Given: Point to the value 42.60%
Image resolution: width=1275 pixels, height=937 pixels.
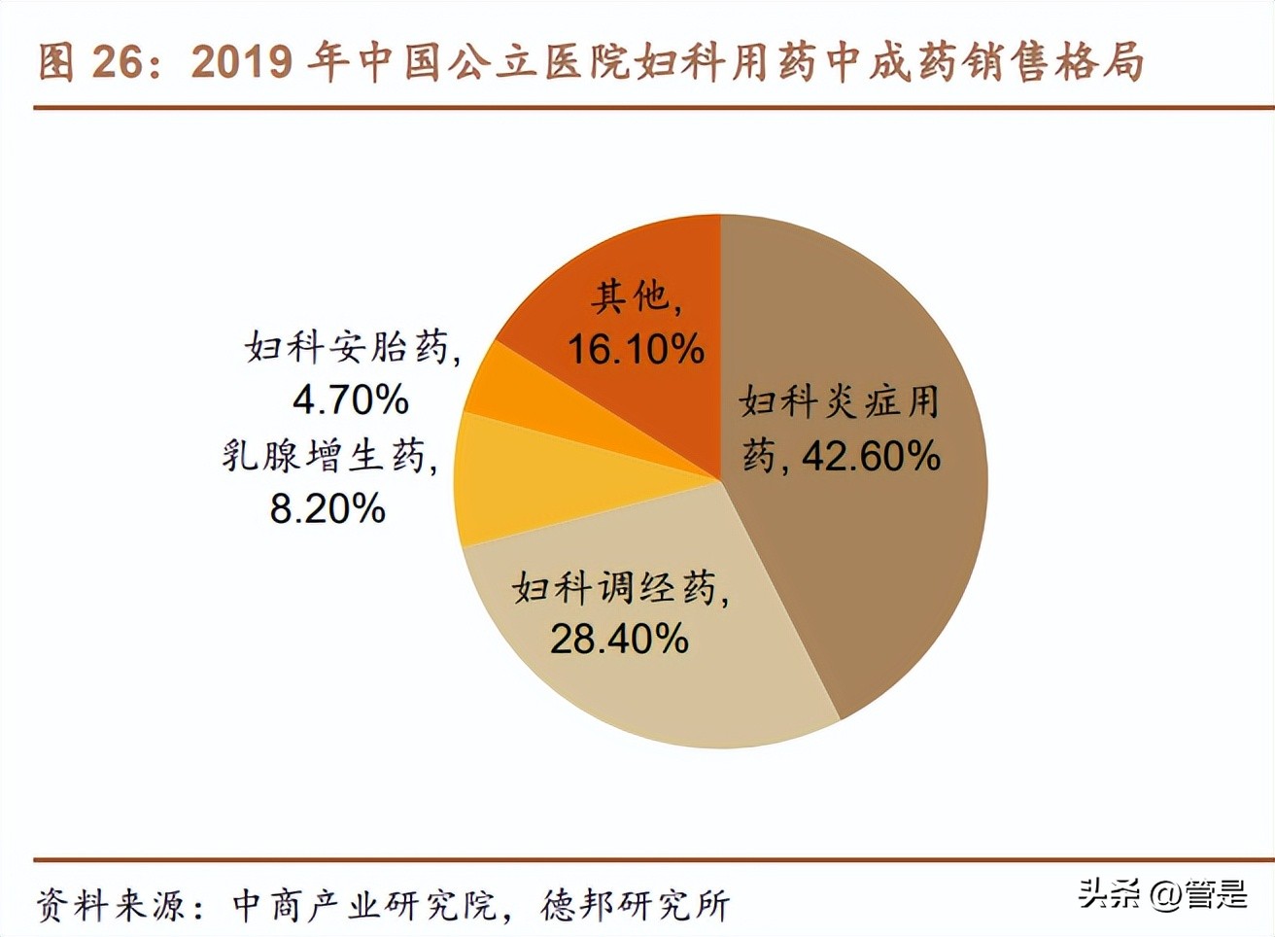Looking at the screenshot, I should [x=871, y=456].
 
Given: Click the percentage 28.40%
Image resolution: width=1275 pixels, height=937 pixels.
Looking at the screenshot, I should [x=619, y=639].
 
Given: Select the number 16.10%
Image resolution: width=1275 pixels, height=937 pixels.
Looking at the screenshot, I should [x=635, y=349].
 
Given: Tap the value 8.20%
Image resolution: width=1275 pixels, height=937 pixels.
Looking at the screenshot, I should [x=327, y=508].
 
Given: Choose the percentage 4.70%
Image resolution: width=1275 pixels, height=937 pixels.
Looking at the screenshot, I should [x=351, y=399].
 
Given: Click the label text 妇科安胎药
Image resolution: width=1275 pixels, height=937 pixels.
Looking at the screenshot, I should [x=348, y=347].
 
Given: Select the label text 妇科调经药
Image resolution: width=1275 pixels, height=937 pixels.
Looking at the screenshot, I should [x=616, y=587].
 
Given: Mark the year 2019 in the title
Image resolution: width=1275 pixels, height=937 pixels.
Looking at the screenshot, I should [x=242, y=62].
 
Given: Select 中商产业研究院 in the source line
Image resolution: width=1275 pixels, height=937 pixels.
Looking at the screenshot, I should [x=365, y=906].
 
